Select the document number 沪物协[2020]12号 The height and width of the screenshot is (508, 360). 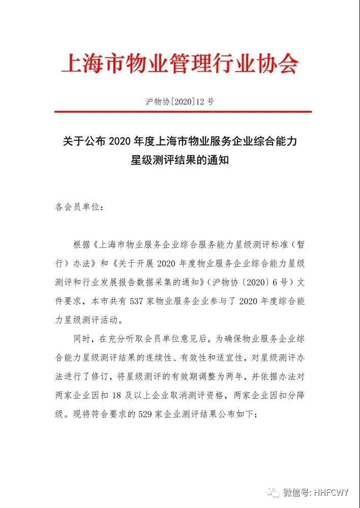(179, 101)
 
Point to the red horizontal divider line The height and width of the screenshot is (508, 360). (179, 112)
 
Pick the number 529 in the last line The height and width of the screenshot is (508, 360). (144, 414)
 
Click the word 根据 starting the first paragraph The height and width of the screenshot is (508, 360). (81, 244)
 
